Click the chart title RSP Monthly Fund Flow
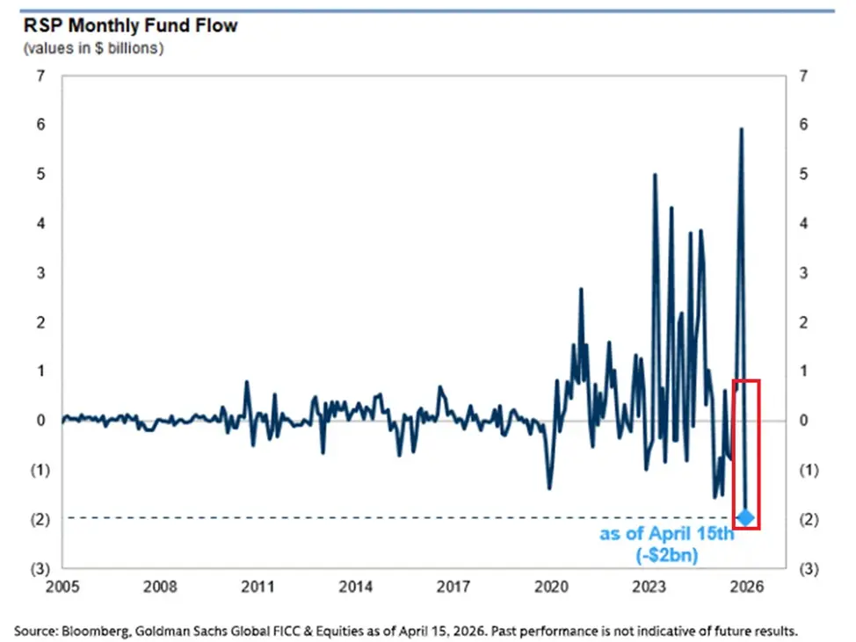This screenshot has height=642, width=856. pyautogui.click(x=130, y=25)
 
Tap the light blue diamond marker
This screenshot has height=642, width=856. pyautogui.click(x=745, y=517)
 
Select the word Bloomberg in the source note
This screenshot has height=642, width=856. pyautogui.click(x=90, y=631)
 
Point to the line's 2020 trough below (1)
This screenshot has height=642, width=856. pyautogui.click(x=549, y=488)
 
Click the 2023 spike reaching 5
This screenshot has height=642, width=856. pyautogui.click(x=654, y=175)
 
